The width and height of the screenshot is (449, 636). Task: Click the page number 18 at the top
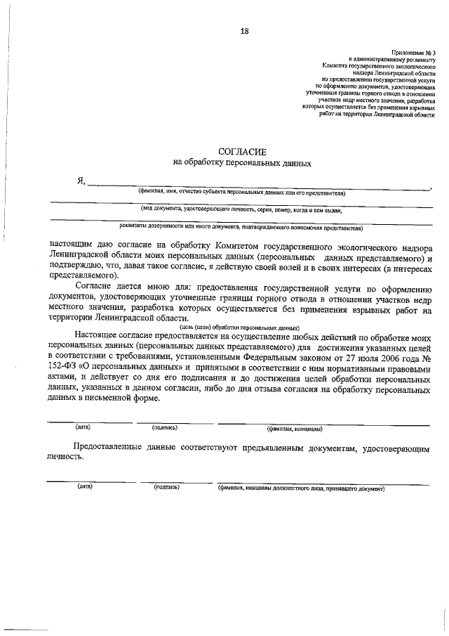click(244, 30)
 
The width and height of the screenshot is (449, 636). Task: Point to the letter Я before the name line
click(81, 181)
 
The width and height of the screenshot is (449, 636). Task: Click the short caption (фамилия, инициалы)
click(294, 428)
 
